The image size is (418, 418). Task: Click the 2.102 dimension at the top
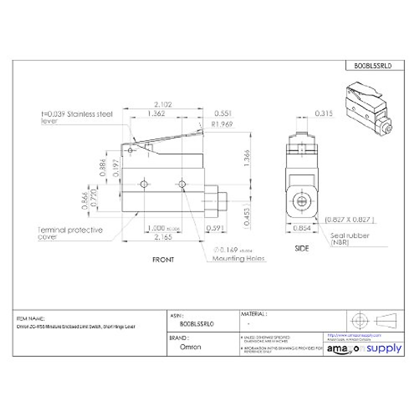(x=163, y=104)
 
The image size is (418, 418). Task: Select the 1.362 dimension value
(x=156, y=114)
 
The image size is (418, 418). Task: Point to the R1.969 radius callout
(x=222, y=124)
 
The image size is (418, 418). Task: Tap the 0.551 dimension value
(x=223, y=114)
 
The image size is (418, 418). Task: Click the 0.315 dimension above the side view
(x=324, y=114)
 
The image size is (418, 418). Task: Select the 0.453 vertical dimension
(x=247, y=217)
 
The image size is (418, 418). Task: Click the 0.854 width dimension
(x=302, y=228)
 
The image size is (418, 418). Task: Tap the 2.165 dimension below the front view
(x=163, y=237)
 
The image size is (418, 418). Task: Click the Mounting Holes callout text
(x=238, y=258)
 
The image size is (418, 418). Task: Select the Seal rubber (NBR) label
(x=349, y=239)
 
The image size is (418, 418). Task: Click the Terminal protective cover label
(x=70, y=233)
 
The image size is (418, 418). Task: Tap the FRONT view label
(x=163, y=260)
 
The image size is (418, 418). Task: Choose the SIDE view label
(x=302, y=248)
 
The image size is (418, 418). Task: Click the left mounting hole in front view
(x=144, y=184)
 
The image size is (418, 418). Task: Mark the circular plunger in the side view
(x=301, y=201)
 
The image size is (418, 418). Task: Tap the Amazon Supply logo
(x=364, y=349)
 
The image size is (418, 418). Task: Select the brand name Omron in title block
(x=191, y=347)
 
